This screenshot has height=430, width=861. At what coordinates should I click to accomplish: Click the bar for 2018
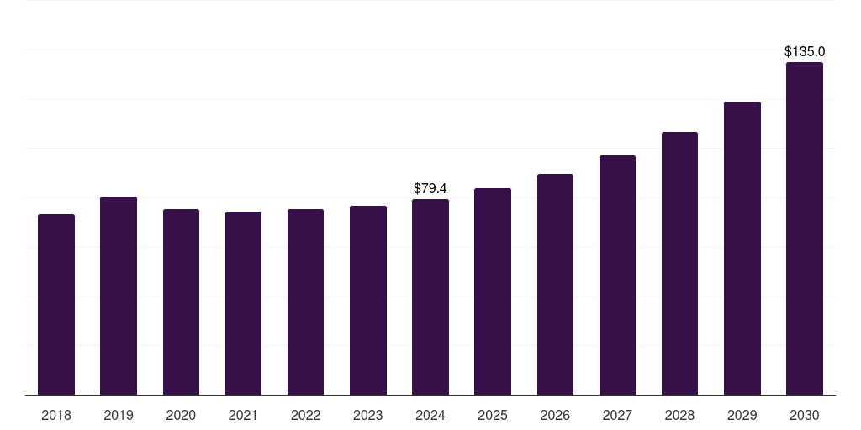tap(56, 305)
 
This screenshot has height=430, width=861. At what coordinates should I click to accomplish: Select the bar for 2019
tap(119, 296)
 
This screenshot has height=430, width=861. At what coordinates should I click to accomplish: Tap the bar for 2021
tap(243, 303)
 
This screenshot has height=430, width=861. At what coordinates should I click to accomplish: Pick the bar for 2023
tap(368, 301)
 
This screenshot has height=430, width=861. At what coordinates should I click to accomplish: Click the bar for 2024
tap(430, 297)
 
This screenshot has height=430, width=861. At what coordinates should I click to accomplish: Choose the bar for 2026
tap(555, 285)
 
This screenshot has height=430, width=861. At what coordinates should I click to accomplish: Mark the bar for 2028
tap(679, 264)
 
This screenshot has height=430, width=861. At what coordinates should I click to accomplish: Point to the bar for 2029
tap(742, 249)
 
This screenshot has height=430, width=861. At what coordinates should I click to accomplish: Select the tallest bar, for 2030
tap(805, 228)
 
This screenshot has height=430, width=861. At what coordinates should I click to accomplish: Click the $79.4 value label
tap(430, 188)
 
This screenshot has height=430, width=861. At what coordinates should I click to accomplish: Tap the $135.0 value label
tap(805, 52)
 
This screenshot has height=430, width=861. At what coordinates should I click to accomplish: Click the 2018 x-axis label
tap(56, 415)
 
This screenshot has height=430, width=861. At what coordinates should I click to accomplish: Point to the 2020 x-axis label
tap(181, 415)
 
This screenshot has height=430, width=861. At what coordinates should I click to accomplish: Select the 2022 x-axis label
tap(305, 415)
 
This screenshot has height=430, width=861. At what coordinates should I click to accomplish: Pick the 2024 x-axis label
tap(430, 415)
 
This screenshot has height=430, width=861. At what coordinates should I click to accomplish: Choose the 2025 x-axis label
tap(493, 415)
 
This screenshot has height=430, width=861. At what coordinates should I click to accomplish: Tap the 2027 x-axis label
tap(617, 415)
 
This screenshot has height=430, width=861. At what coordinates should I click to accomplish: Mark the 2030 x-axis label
tap(805, 415)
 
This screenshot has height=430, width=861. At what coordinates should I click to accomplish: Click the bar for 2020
tap(181, 302)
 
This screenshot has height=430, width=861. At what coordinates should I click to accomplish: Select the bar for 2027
tap(617, 275)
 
